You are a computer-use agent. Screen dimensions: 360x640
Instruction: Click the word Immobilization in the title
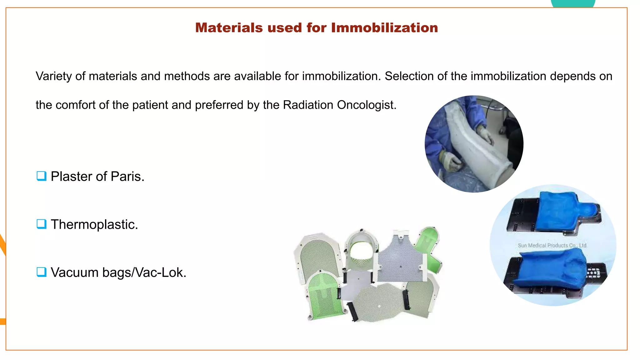[384, 28]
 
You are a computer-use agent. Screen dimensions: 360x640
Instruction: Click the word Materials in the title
[229, 28]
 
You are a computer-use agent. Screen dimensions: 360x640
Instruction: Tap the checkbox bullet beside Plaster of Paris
[41, 176]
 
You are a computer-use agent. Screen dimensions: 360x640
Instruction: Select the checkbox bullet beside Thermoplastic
[41, 224]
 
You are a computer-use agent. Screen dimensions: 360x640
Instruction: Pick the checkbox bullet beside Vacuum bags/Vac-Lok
[41, 272]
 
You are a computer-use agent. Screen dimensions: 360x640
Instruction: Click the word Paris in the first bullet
[127, 177]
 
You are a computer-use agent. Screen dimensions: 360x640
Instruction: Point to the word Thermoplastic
[94, 225]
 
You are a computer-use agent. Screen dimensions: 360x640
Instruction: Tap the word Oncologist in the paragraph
[366, 105]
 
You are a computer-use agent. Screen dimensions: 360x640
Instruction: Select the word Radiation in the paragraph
[308, 105]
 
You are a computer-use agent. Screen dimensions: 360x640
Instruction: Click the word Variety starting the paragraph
[53, 76]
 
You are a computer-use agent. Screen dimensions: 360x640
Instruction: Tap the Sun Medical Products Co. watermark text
[552, 246]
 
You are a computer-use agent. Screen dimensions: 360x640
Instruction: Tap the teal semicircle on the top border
[573, 3]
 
